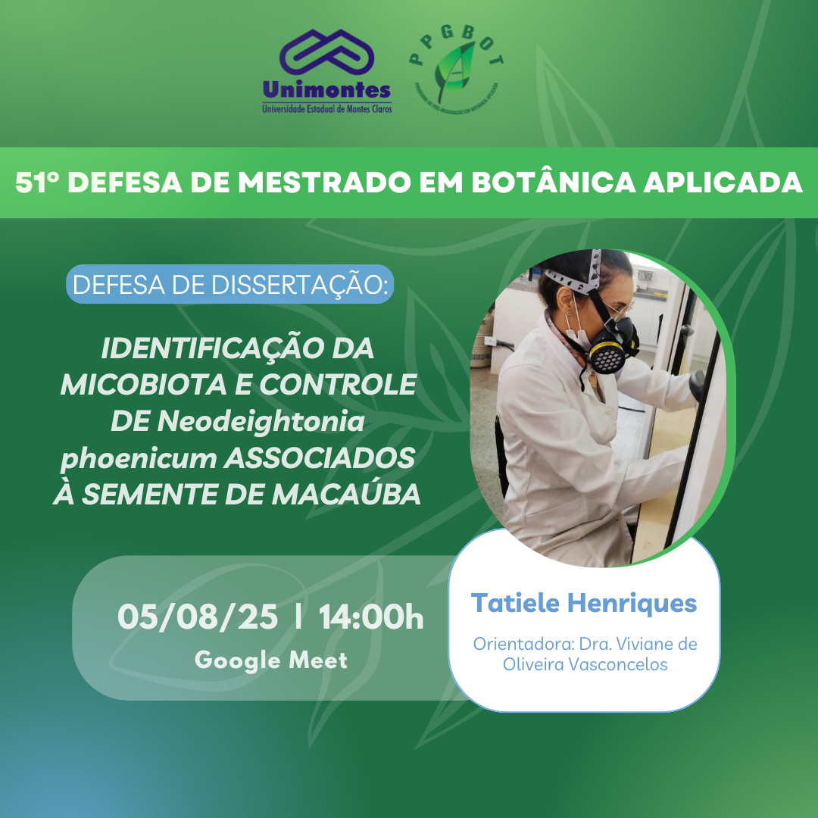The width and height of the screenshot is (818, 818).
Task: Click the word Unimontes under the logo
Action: (327, 91)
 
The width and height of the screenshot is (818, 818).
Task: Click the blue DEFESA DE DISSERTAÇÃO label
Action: (229, 284)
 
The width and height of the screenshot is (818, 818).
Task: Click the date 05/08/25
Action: (198, 617)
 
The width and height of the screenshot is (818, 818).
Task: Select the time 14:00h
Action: (370, 617)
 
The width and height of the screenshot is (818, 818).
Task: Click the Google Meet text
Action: (271, 660)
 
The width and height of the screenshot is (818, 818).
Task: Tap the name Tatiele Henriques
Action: (583, 603)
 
